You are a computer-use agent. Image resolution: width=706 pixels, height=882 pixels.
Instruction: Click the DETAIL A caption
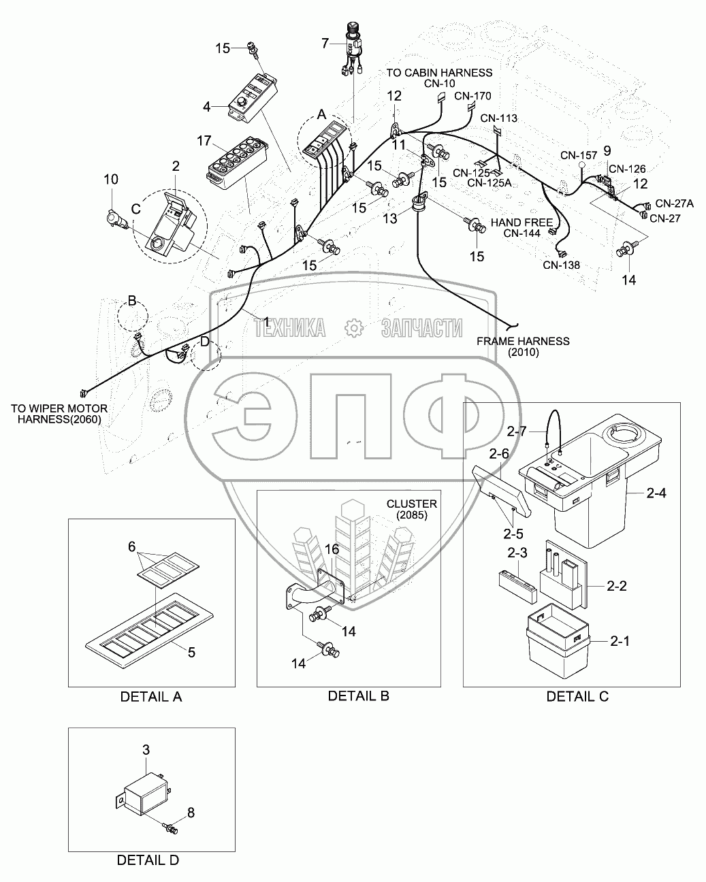click(151, 697)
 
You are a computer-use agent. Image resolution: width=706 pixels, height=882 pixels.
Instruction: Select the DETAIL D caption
click(148, 860)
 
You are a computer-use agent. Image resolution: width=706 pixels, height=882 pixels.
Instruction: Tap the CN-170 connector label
click(472, 96)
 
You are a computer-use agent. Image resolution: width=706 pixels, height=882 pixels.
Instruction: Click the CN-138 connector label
click(562, 265)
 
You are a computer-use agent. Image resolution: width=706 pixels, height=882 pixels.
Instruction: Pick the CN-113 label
click(499, 118)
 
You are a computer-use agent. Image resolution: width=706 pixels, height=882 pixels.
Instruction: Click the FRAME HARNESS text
click(523, 341)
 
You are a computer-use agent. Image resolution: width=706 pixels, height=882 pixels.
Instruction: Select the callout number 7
click(325, 44)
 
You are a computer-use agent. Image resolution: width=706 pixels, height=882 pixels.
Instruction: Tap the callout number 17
click(204, 142)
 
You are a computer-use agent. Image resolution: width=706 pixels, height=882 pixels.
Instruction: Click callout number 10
click(111, 180)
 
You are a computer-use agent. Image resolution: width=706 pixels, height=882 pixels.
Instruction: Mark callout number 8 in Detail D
click(191, 812)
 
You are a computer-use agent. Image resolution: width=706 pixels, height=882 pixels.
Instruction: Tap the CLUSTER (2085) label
click(411, 509)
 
